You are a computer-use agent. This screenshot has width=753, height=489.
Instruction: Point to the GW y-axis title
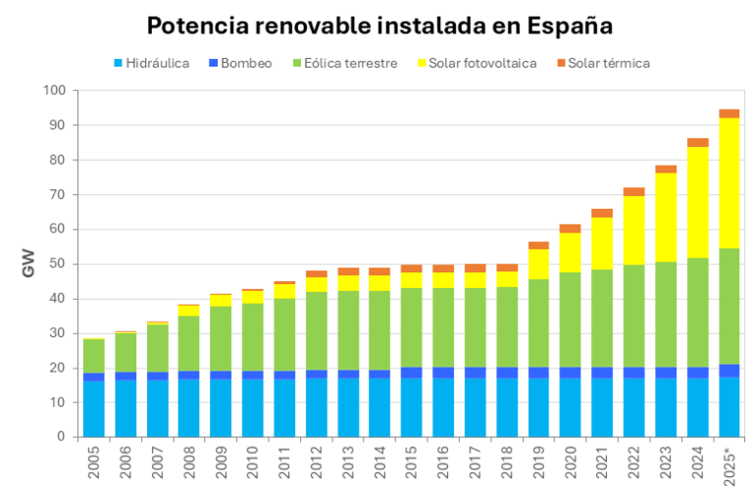click(28, 264)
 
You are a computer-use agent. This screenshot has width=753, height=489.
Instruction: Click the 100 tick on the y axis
click(55, 91)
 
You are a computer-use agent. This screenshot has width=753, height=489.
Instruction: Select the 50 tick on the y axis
click(58, 265)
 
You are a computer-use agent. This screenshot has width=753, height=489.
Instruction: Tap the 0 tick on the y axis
click(61, 437)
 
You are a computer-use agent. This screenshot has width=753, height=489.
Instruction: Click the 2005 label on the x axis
click(94, 462)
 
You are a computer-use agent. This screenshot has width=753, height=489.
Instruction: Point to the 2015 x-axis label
click(412, 462)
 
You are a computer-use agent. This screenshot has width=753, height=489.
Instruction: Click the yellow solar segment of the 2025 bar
click(728, 182)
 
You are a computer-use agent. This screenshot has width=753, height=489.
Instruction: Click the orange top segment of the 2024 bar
click(697, 143)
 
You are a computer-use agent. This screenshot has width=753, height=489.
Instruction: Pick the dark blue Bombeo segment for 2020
click(571, 372)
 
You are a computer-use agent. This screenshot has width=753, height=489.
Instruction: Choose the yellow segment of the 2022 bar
click(633, 230)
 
